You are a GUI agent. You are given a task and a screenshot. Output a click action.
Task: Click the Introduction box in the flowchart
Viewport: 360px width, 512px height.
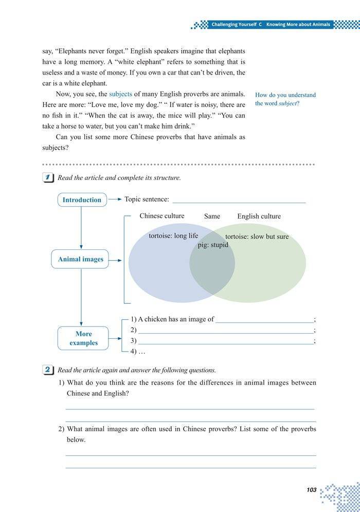(x=82, y=199)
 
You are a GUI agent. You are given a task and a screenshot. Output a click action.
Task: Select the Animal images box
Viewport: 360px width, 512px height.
(x=80, y=259)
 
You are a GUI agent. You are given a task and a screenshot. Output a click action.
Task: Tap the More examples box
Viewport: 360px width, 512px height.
(x=83, y=338)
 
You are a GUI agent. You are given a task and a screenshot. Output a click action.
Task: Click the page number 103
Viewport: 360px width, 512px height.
(x=311, y=490)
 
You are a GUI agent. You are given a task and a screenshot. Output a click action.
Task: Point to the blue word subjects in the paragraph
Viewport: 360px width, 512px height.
(x=120, y=94)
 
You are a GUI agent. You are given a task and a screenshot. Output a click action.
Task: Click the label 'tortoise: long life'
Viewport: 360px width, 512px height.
(x=173, y=236)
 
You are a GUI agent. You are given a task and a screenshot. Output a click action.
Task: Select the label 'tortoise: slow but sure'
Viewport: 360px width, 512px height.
(x=257, y=236)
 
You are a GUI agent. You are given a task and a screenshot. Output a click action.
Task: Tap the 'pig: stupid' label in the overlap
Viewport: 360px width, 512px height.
(x=213, y=245)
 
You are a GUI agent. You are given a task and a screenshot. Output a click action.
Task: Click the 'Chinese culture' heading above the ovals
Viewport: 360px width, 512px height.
(x=161, y=216)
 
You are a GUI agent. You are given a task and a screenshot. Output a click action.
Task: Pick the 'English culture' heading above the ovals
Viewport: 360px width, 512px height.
(x=259, y=216)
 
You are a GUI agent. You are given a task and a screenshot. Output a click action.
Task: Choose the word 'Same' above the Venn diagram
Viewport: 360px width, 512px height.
(x=212, y=216)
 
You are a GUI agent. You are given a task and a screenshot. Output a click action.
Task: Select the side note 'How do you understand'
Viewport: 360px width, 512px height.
(x=285, y=95)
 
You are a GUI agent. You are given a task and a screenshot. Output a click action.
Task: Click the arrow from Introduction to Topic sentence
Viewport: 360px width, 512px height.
(x=115, y=199)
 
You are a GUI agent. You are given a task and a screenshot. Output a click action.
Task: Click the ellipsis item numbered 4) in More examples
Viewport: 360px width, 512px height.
(x=138, y=352)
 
